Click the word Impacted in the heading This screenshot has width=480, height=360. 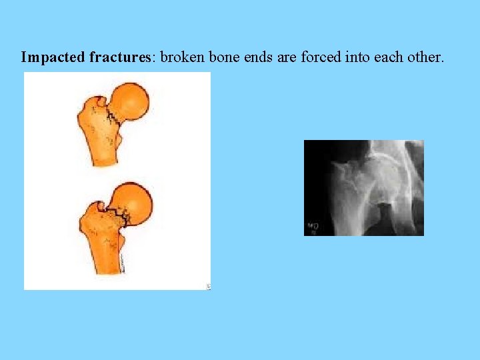(x=53, y=57)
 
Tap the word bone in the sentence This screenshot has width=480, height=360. (x=225, y=57)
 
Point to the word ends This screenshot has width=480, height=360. (x=258, y=57)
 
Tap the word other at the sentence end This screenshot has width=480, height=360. (x=425, y=57)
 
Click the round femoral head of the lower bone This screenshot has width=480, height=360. (x=133, y=203)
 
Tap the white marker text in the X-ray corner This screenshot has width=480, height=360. (x=311, y=227)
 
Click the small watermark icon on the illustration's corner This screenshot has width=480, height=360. (x=207, y=286)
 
